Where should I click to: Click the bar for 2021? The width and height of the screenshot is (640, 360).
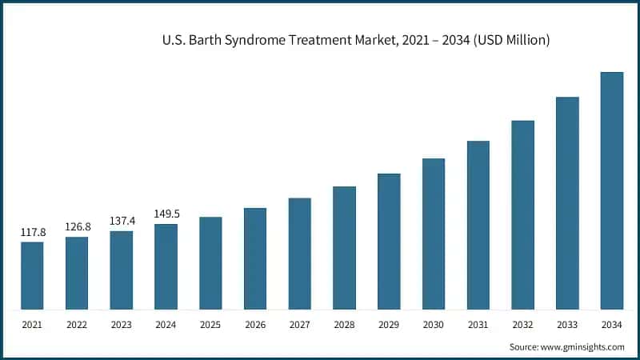click(32, 275)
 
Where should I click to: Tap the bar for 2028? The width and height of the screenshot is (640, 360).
click(344, 248)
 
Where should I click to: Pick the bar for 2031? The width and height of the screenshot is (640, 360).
click(478, 225)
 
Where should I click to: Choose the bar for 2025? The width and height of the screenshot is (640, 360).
click(210, 263)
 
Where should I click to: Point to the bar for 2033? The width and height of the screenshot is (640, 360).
click(567, 203)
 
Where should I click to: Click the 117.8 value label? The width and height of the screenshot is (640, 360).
click(33, 233)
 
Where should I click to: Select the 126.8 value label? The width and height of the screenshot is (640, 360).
click(78, 227)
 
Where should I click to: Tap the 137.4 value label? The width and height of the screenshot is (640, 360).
click(122, 221)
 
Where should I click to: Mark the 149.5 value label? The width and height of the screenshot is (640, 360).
click(166, 214)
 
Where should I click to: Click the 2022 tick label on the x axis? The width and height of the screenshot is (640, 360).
click(77, 326)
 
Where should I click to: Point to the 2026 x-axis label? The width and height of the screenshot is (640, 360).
click(255, 326)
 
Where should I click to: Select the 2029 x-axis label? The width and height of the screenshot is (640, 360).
click(389, 326)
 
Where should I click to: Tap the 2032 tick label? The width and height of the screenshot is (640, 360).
click(523, 326)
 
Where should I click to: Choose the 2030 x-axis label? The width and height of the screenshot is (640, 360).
click(434, 326)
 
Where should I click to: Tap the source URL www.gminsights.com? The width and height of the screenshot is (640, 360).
click(583, 347)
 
